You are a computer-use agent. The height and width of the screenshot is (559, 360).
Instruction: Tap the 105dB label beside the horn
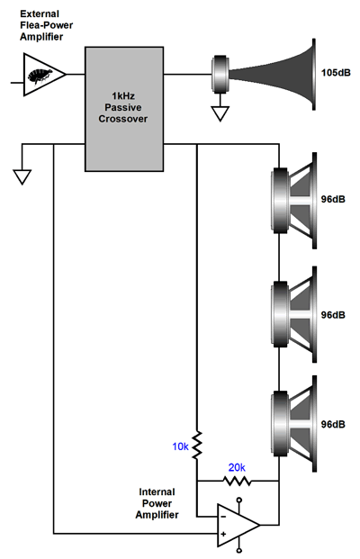click(x=336, y=73)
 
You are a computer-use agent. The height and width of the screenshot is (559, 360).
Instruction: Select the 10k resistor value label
click(x=180, y=446)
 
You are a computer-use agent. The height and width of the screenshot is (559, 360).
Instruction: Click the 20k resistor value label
click(x=237, y=467)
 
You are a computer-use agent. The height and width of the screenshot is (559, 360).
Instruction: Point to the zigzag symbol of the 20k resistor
click(x=238, y=482)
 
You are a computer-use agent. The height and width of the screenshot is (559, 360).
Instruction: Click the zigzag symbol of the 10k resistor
click(x=197, y=445)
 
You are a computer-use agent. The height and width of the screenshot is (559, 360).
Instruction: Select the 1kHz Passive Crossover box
click(x=124, y=109)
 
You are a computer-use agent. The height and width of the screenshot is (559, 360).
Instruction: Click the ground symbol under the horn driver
click(x=220, y=113)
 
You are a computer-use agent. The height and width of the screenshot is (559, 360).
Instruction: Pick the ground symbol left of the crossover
click(x=22, y=176)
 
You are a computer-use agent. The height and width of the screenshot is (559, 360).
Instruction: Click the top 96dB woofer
click(x=293, y=201)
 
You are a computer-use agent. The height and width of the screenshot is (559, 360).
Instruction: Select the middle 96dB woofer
click(x=293, y=314)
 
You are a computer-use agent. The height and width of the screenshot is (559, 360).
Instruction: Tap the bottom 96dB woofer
click(x=293, y=424)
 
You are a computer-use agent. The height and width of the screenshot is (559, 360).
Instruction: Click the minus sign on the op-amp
click(x=223, y=516)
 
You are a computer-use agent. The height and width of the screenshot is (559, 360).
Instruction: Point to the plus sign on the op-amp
click(x=223, y=534)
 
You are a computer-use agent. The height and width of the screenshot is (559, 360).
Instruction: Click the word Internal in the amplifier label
click(x=157, y=492)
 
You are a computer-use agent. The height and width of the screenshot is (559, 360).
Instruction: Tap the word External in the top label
click(x=40, y=14)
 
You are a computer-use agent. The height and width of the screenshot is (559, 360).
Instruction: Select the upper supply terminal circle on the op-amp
click(x=239, y=500)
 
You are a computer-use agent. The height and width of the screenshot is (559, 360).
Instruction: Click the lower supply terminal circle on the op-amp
click(x=239, y=550)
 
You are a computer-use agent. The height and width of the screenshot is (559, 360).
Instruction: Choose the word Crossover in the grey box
click(x=123, y=119)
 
